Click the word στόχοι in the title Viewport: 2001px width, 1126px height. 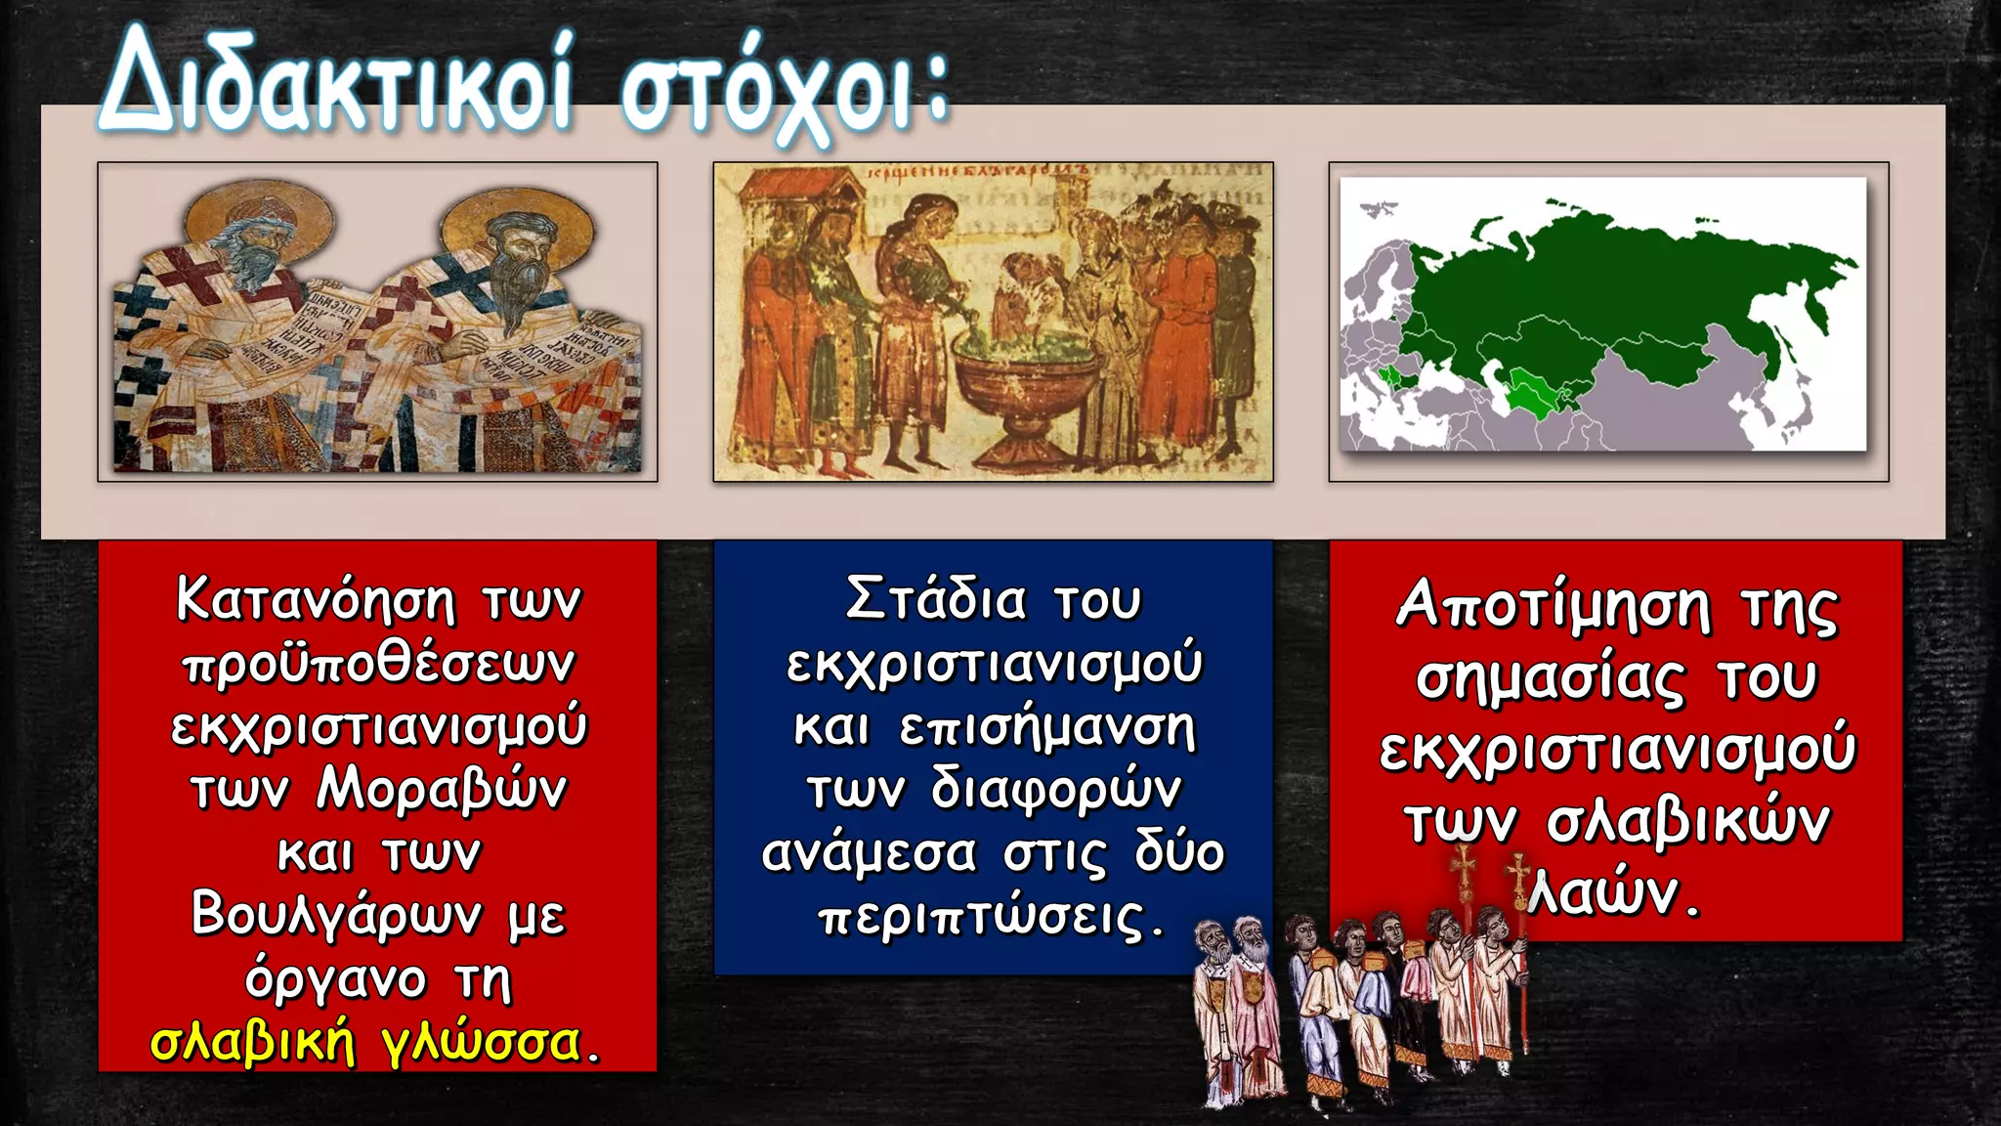pos(772,93)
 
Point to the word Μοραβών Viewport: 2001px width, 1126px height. pos(441,789)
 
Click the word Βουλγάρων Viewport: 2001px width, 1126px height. pos(336,916)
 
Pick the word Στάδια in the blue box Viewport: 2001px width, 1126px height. pos(936,599)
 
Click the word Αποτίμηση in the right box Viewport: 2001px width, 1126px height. pos(1554,606)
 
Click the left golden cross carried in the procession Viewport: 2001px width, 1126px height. pos(1463,869)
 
